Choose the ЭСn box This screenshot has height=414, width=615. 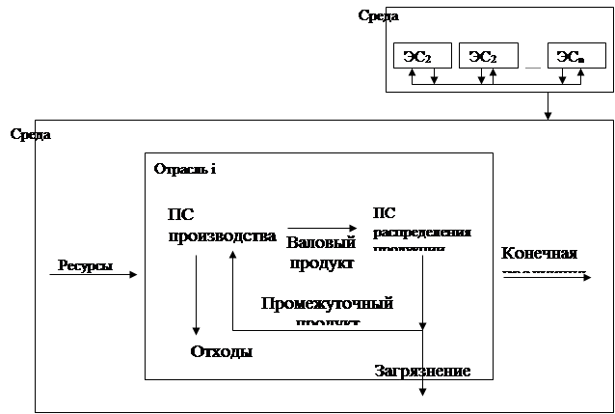pos(570,59)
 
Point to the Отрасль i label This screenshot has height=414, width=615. pos(184,170)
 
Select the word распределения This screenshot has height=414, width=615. pos(421,233)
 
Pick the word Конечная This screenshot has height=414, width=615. pos(539,254)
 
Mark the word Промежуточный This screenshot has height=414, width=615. pos(327,303)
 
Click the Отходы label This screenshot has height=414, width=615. pos(221,351)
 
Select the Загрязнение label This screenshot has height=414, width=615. pos(422,371)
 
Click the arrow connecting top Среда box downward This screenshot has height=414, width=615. pos(548,106)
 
